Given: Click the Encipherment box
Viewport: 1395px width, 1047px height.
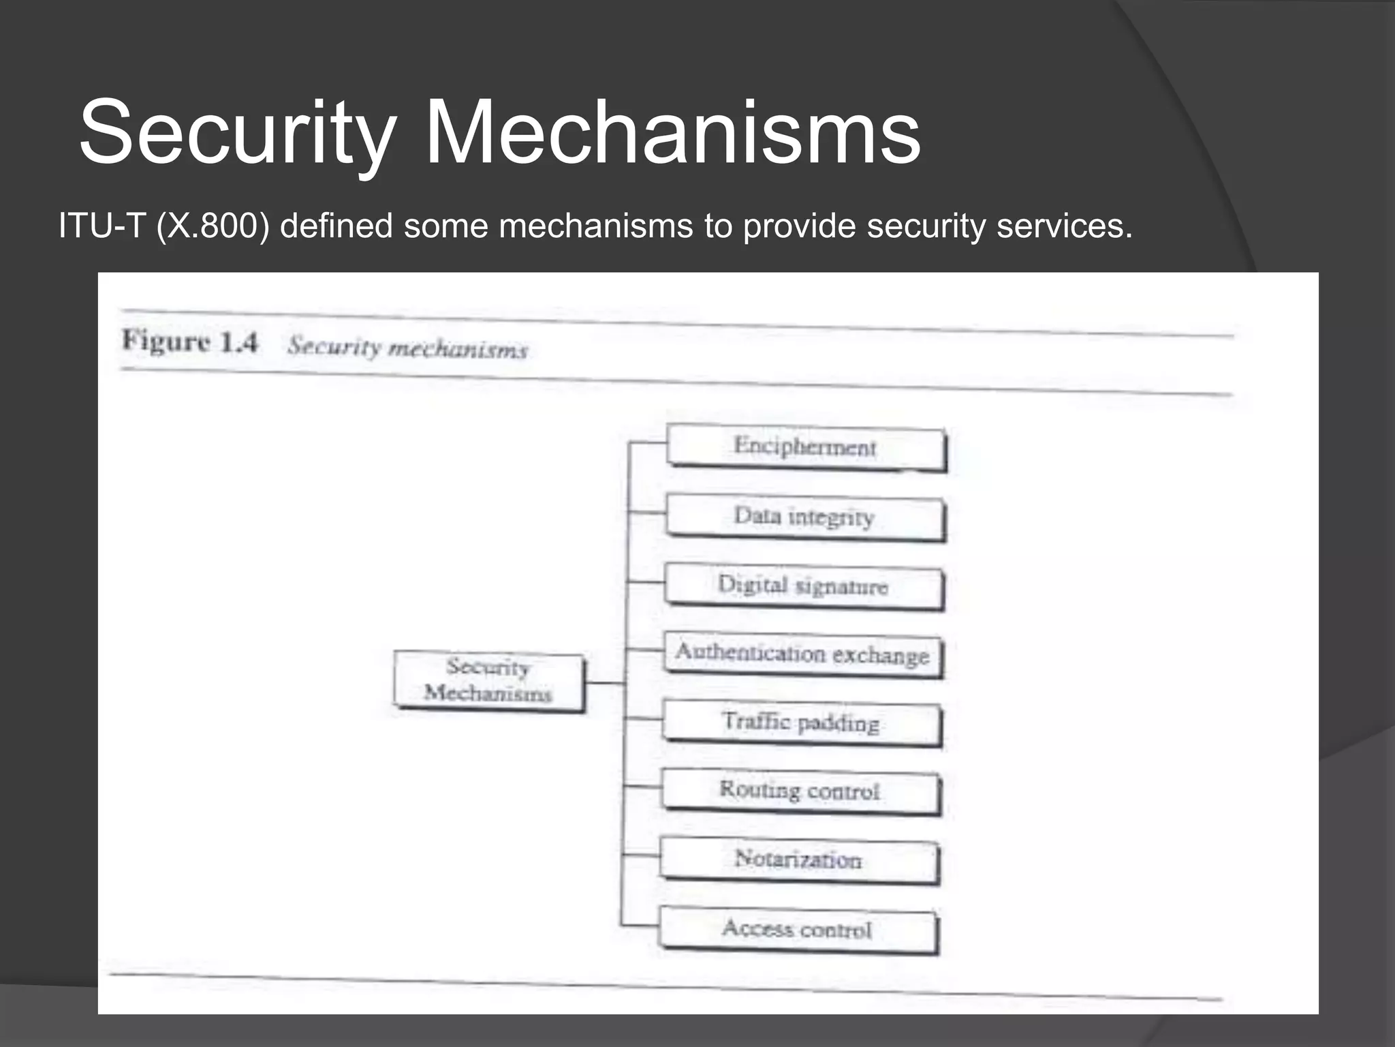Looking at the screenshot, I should click(x=806, y=447).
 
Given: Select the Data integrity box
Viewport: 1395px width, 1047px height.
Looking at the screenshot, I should click(x=805, y=517).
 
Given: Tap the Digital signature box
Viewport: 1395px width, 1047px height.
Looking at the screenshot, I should click(x=804, y=586).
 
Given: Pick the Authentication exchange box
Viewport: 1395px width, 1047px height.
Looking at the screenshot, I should click(x=803, y=654).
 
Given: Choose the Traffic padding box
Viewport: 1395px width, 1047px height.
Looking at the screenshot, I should click(x=802, y=723).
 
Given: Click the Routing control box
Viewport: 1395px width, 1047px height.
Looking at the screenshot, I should click(x=800, y=791).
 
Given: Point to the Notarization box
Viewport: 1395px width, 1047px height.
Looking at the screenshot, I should click(x=799, y=860).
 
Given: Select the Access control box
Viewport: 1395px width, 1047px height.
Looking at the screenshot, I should click(x=798, y=929).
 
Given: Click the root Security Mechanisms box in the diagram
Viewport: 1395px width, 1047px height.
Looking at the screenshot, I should click(x=488, y=681).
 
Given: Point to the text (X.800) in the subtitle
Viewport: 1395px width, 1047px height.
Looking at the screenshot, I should click(x=213, y=226).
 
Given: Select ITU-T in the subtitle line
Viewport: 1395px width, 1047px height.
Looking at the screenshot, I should click(x=102, y=226).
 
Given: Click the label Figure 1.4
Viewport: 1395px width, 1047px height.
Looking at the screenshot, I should click(x=190, y=341).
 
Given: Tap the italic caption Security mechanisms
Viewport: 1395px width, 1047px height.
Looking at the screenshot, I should click(x=407, y=348).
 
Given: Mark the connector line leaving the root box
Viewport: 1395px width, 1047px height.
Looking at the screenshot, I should click(x=604, y=682).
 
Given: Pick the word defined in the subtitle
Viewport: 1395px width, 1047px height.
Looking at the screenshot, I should click(x=336, y=226).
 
